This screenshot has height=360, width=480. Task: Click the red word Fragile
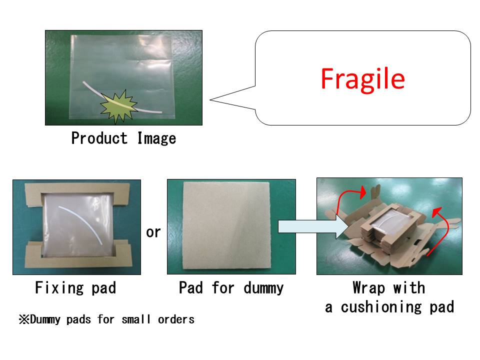tap(362, 78)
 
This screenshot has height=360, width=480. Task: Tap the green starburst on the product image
tap(118, 105)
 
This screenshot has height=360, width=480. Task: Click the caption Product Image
tap(123, 138)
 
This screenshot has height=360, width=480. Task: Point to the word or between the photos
tap(153, 232)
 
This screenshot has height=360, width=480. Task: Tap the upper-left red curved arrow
tap(345, 199)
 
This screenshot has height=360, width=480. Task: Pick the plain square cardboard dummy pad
tap(231, 226)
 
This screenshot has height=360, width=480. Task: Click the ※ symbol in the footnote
tap(24, 319)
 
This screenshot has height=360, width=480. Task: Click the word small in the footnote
tap(137, 319)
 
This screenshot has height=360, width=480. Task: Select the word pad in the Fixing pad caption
tap(103, 288)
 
